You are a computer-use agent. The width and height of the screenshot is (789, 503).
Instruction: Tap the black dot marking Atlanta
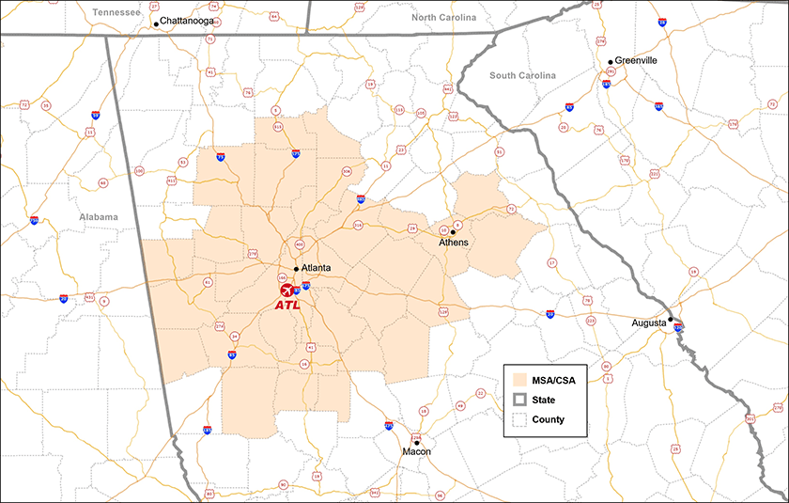[x=297, y=269]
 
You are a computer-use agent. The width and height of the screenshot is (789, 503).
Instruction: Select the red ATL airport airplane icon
[x=287, y=289]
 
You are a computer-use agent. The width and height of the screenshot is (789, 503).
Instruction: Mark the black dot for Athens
[x=453, y=231]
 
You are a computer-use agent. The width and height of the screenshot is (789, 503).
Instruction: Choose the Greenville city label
[x=638, y=60]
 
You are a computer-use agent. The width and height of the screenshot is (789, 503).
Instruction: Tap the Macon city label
[x=416, y=452]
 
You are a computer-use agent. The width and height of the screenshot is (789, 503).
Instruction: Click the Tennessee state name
[x=116, y=11]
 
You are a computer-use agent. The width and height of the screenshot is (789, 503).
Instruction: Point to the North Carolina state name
[x=444, y=18]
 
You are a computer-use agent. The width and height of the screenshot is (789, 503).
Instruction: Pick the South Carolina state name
[x=523, y=75]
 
